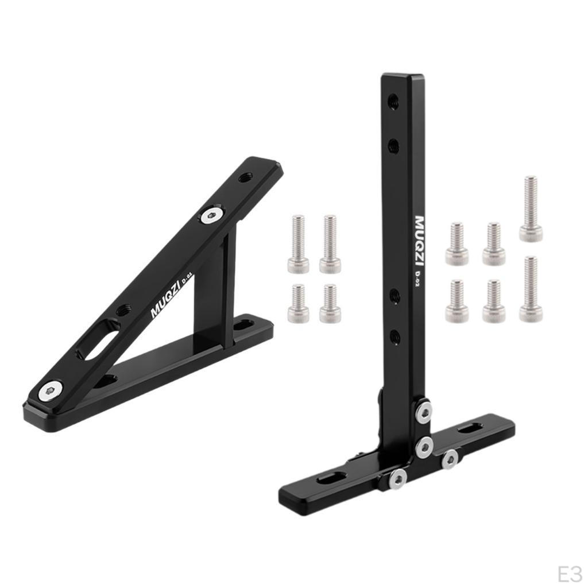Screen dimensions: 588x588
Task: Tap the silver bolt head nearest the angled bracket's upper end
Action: click(212, 216)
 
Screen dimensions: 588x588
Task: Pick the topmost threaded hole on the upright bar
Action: click(393, 100)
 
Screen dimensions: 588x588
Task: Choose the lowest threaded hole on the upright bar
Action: click(393, 336)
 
